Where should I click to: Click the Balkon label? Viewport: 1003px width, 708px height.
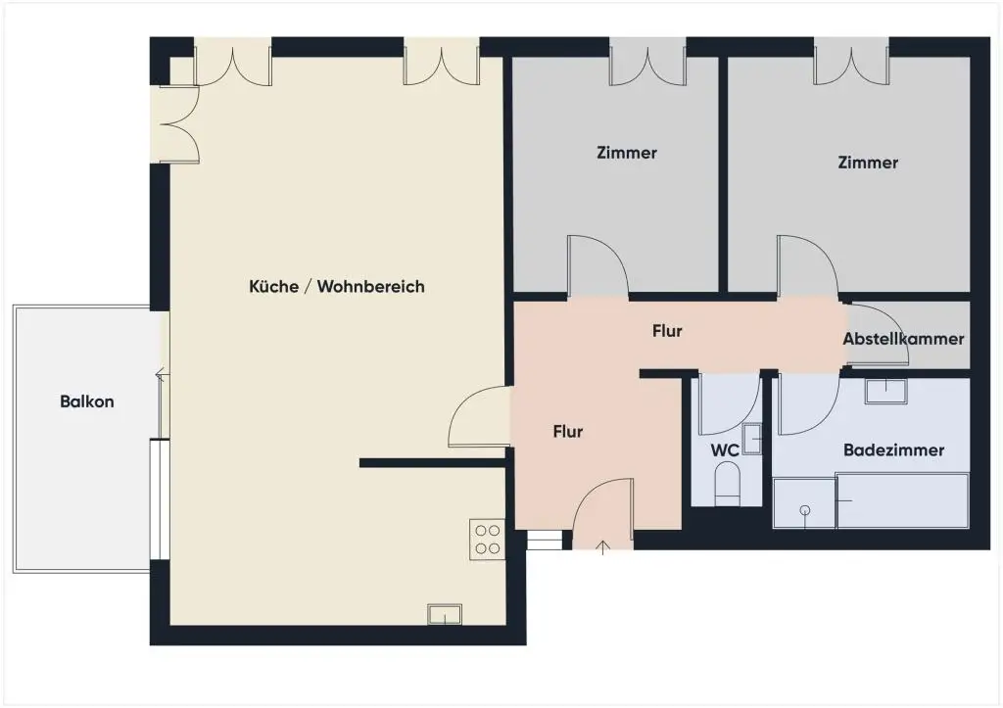coord(87,401)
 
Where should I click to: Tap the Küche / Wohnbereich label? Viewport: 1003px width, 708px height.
coord(337,287)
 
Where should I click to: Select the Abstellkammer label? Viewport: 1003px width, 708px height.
coord(903,339)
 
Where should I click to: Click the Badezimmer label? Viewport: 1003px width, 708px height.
coord(893,450)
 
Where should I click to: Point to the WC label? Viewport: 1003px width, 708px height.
coord(724,450)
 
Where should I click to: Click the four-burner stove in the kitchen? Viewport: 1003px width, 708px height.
coord(486,539)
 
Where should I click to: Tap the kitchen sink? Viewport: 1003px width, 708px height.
coord(444,615)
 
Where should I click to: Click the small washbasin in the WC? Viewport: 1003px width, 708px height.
coord(752,439)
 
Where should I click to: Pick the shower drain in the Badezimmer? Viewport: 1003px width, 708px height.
coord(805,509)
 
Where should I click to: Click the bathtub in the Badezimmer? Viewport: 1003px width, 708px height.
coord(901,500)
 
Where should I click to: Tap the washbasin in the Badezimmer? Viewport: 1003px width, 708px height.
coord(885,391)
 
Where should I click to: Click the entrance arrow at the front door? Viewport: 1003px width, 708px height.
coord(601,545)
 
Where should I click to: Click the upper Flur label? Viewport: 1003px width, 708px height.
coord(667,331)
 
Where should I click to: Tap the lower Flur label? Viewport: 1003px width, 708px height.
coord(568,431)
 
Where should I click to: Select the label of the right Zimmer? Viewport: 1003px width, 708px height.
coord(868,163)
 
